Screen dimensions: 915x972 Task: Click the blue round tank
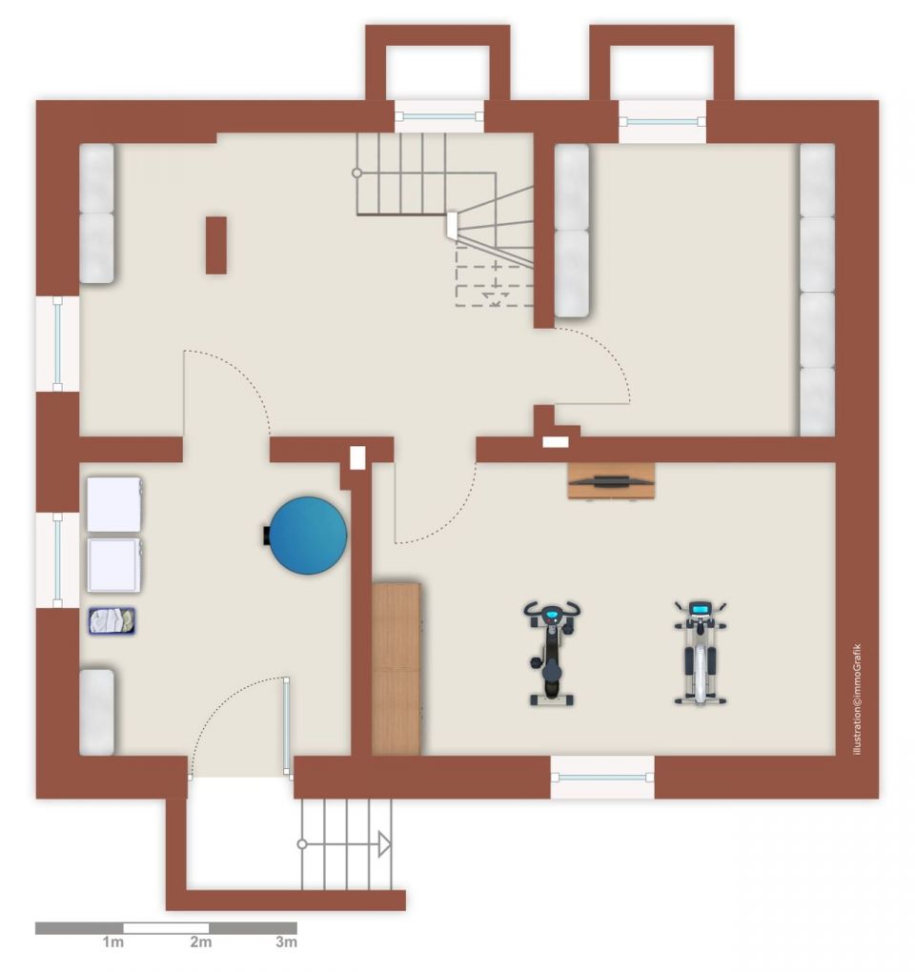308,535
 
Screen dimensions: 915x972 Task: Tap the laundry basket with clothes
112,620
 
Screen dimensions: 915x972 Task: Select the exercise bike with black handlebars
552,653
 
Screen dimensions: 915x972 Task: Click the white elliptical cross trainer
701,653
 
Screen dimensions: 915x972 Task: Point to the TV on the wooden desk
611,480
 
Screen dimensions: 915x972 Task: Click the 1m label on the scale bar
112,942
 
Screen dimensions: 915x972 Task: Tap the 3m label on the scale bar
286,942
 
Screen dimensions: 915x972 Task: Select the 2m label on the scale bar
200,942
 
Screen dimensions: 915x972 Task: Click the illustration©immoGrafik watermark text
858,699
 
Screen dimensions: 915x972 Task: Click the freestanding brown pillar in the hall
215,245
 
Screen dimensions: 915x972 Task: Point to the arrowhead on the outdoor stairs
385,844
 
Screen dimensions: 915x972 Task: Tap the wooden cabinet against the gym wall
396,669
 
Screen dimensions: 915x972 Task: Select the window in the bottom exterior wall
602,778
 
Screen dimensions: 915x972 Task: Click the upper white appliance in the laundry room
114,504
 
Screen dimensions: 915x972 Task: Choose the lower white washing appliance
115,565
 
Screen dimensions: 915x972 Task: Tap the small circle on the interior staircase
357,172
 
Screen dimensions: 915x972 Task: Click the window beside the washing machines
57,560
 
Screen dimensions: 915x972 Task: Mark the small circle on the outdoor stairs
302,844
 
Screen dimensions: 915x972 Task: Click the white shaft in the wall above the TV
556,442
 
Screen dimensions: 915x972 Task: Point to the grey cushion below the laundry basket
96,712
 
